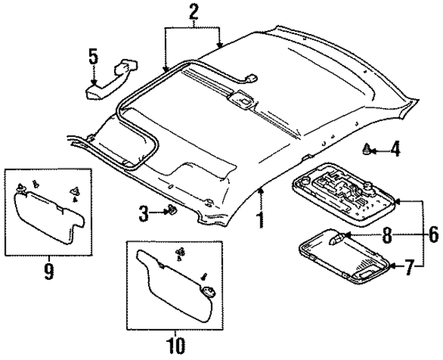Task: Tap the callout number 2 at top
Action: click(x=193, y=12)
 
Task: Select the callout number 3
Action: click(x=144, y=214)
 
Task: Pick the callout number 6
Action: click(x=433, y=235)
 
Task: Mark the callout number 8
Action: click(x=387, y=235)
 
